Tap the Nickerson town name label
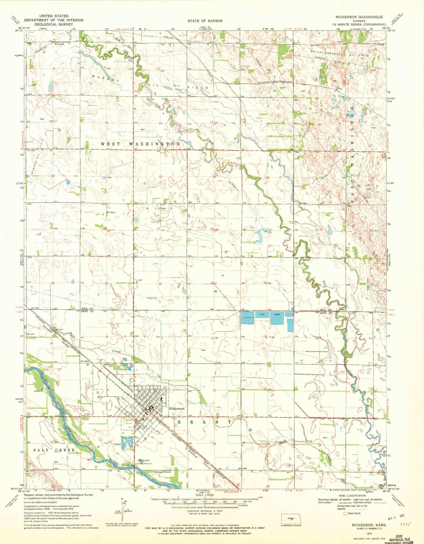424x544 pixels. (177, 408)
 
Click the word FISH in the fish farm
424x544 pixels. (262, 315)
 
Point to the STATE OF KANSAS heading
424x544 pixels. (205, 21)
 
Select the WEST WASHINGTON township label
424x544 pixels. (140, 144)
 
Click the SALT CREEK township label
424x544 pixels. (50, 450)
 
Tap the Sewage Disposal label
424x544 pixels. (163, 472)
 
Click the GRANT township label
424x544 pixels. (205, 422)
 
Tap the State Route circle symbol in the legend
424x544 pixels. (345, 513)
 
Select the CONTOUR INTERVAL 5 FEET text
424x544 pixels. (205, 511)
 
